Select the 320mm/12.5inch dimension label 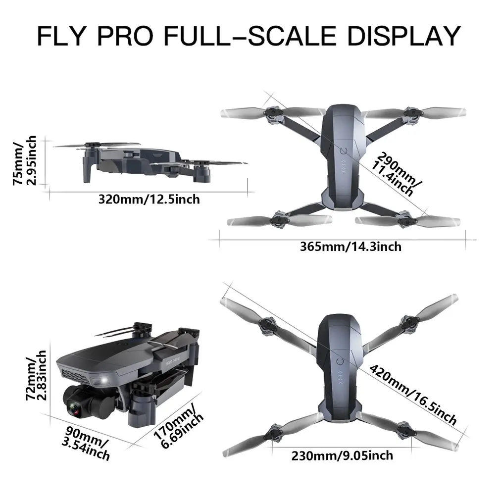click(149, 200)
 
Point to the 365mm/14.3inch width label click(350, 246)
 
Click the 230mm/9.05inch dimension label click(343, 455)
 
